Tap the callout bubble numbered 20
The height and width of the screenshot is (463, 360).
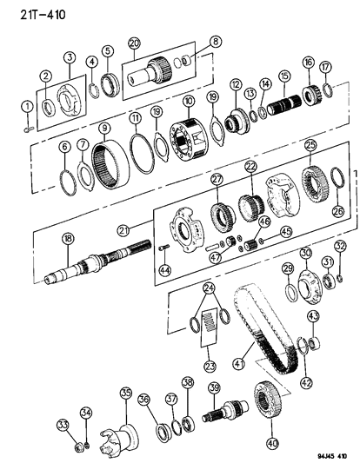pyautogui.click(x=134, y=43)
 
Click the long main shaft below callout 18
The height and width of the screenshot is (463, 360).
pyautogui.click(x=96, y=267)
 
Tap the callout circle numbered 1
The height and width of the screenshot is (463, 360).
pyautogui.click(x=26, y=107)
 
